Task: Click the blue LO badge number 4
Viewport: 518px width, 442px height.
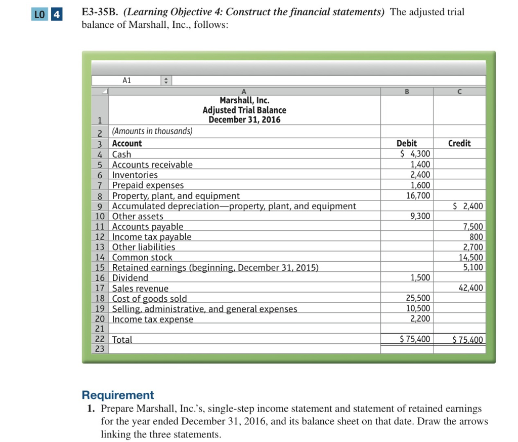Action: tap(57, 15)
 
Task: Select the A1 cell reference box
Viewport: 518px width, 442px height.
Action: tap(126, 81)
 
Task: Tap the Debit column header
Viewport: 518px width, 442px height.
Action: tap(407, 143)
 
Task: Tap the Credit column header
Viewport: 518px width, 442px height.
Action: tap(459, 143)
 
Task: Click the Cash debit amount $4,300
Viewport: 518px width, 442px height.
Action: tap(415, 154)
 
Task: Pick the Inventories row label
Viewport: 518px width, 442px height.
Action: tap(135, 175)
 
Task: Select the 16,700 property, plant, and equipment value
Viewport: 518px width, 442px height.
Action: tap(418, 195)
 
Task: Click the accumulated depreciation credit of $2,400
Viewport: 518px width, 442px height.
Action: tap(468, 206)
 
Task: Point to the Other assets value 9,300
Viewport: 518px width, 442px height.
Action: tap(420, 216)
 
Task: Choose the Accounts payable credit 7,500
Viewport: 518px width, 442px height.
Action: tap(473, 227)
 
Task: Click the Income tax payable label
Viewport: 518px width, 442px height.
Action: tap(152, 237)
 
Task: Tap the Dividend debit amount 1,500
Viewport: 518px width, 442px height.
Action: tap(420, 277)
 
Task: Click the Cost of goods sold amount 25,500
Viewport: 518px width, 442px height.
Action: tap(418, 298)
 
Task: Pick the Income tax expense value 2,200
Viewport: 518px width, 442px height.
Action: tap(420, 318)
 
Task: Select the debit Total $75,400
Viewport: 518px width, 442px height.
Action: tap(415, 339)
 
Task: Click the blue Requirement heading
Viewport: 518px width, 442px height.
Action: tap(118, 395)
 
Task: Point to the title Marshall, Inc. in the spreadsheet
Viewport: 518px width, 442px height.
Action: tap(244, 101)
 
